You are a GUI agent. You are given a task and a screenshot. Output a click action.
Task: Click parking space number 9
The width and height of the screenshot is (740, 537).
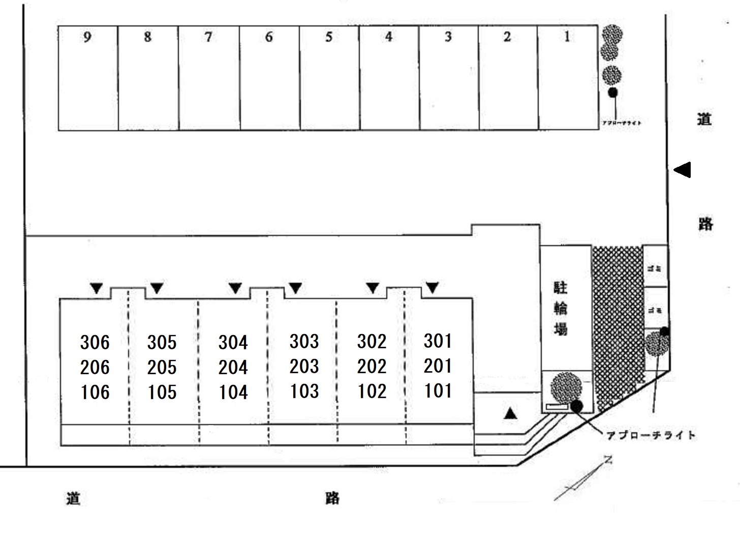(87, 37)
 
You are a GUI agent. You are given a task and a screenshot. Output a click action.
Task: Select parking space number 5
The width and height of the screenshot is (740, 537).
(329, 37)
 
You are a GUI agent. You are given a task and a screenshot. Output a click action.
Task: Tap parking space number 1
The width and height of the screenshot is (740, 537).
(567, 37)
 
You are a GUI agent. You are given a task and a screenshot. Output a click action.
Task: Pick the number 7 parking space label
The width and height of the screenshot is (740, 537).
(208, 37)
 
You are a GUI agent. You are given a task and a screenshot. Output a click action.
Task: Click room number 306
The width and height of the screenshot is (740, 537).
(95, 342)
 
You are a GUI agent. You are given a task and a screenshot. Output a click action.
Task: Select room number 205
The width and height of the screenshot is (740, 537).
(162, 367)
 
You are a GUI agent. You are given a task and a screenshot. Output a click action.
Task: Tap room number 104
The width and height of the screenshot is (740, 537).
(233, 392)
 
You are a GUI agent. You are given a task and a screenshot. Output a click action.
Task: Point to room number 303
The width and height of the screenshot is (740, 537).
(304, 341)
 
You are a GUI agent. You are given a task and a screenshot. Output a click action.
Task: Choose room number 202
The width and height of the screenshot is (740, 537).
(372, 366)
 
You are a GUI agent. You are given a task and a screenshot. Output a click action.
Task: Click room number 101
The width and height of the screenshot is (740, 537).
(438, 391)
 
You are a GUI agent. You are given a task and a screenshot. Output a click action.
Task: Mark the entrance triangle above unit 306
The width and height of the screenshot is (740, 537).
(97, 289)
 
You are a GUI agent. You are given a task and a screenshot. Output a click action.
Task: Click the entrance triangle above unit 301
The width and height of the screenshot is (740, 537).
(432, 288)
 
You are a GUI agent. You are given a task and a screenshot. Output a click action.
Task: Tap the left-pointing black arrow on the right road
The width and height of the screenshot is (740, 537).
(682, 169)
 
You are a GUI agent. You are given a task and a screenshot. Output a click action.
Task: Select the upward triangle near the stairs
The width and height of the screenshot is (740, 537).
(510, 413)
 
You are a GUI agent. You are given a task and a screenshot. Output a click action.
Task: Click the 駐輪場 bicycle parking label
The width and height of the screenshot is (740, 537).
(560, 309)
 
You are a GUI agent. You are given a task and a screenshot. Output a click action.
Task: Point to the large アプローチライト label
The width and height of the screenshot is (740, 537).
(651, 435)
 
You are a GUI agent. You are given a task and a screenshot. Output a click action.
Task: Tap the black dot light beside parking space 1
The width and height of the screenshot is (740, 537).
(613, 93)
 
